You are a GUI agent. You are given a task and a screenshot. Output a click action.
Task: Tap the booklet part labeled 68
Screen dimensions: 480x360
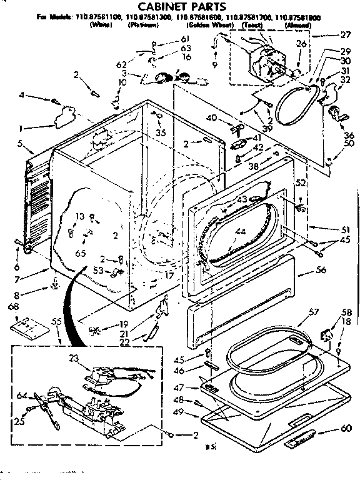(24, 325)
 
